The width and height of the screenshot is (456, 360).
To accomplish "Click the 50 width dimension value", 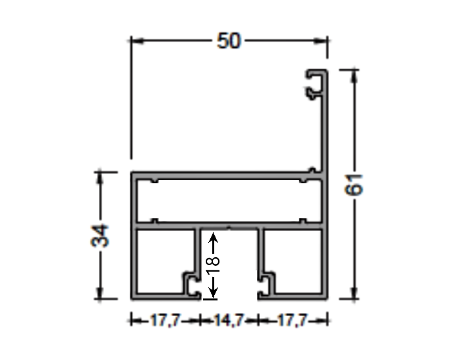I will [229, 41].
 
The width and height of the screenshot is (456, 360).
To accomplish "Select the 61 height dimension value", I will [354, 188].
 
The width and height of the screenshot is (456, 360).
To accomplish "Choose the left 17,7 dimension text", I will [164, 321].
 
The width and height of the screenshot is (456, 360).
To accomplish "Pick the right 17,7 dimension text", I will [291, 321].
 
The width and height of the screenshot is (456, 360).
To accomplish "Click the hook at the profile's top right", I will [315, 84].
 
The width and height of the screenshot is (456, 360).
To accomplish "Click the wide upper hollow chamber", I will [229, 200].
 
